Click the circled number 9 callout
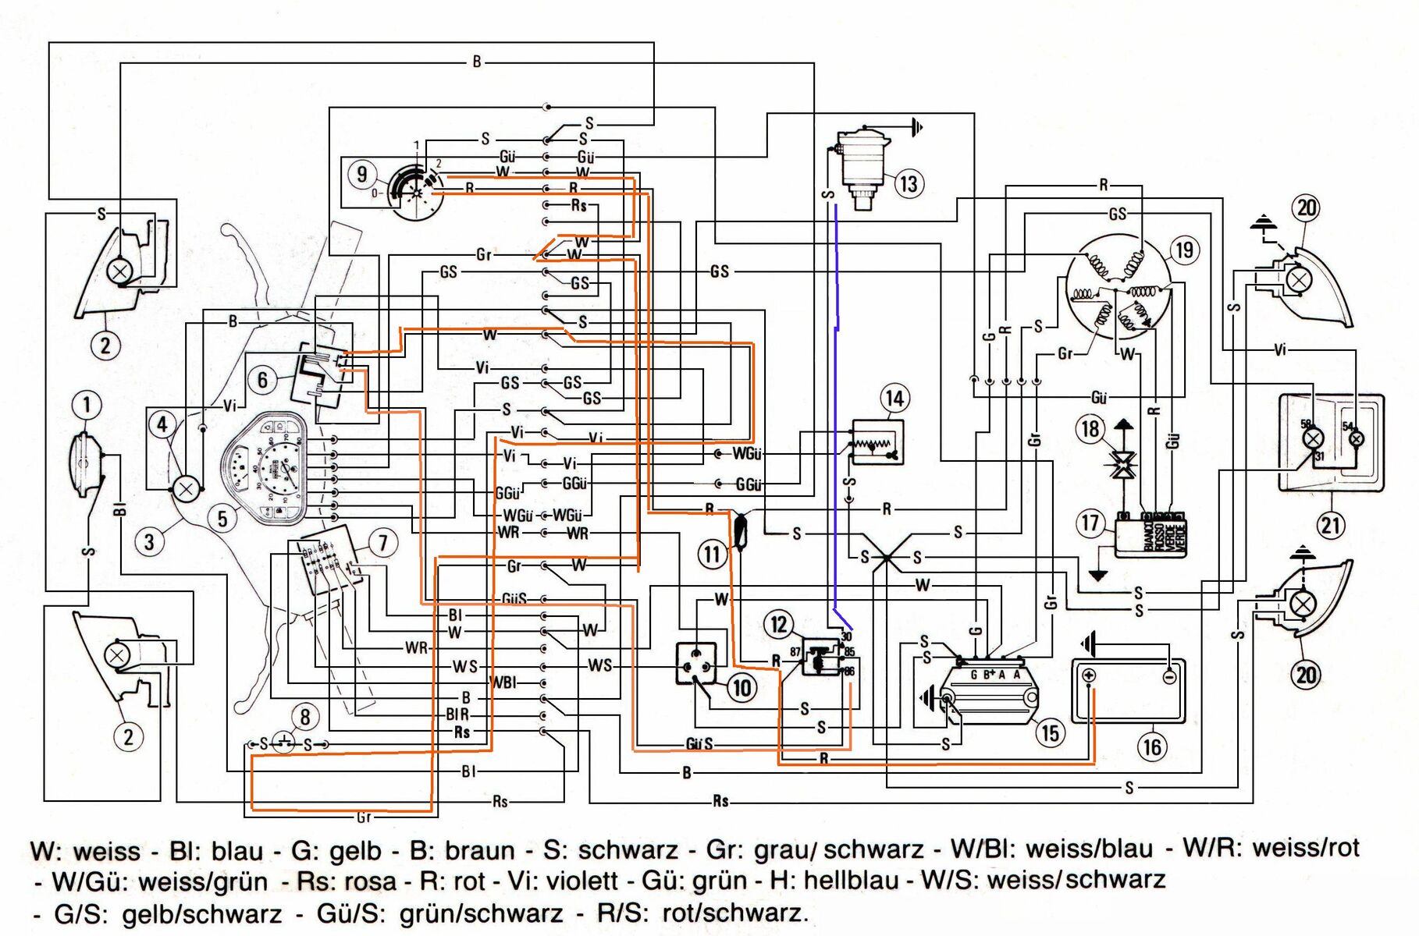pyautogui.click(x=361, y=173)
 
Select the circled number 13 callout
pyautogui.click(x=908, y=184)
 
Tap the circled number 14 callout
pyautogui.click(x=894, y=399)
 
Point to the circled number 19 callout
pyautogui.click(x=1184, y=250)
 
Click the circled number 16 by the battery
pyautogui.click(x=1152, y=747)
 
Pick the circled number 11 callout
pyautogui.click(x=711, y=555)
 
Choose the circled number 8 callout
pyautogui.click(x=304, y=717)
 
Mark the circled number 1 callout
pyautogui.click(x=87, y=405)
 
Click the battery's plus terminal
pyautogui.click(x=1090, y=675)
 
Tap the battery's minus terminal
pyautogui.click(x=1168, y=676)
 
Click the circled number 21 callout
pyautogui.click(x=1330, y=525)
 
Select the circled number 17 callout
pyautogui.click(x=1090, y=523)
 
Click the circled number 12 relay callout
pyautogui.click(x=778, y=624)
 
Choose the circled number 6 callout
pyautogui.click(x=262, y=380)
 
